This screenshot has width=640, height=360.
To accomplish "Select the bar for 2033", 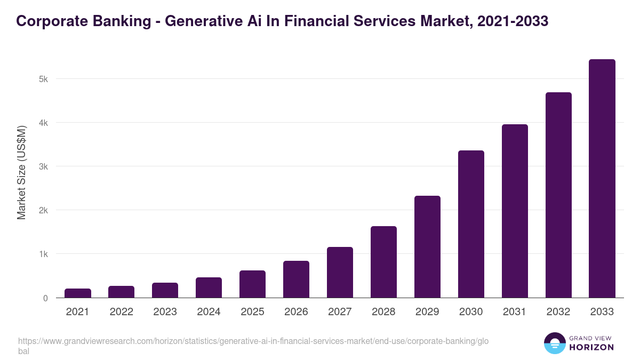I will coord(602,179).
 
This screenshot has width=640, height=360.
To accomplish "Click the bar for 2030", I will coord(471,224).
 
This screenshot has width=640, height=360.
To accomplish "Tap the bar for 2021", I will coord(78,293).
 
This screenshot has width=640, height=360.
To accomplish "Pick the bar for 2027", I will coord(340,272).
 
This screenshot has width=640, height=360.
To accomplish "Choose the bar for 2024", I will coord(209,287).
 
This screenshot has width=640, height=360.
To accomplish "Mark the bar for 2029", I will coord(427,246).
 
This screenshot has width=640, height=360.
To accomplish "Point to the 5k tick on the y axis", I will coord(43,79).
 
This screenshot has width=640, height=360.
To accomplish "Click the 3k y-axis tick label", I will coord(43,166).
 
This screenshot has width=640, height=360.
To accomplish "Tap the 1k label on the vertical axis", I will coord(43,254).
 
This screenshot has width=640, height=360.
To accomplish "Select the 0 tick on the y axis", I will coord(45,298).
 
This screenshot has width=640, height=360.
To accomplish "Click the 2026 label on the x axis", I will coord(296,312).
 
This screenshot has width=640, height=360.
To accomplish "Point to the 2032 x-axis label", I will coord(558,312).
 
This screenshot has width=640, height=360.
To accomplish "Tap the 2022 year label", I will coord(121,312).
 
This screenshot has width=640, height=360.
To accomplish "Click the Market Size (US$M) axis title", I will coord(21,172).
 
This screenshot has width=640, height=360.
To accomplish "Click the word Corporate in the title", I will coord(49,21).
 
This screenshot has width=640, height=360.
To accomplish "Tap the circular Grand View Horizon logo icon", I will coord(554,343).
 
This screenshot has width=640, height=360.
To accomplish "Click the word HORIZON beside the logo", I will coord(591,347).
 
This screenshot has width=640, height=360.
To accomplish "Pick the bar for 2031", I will coord(515,211).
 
